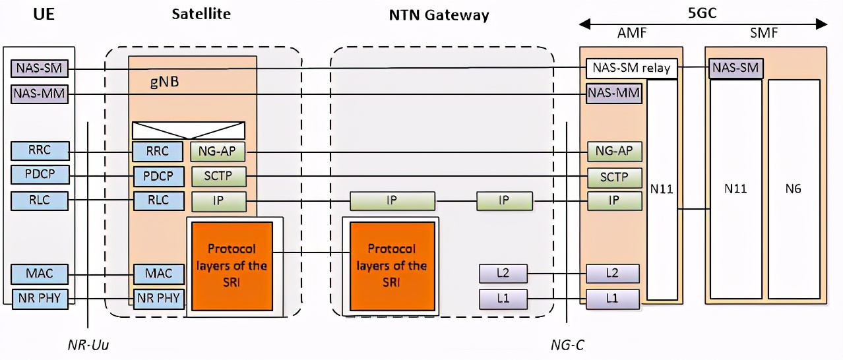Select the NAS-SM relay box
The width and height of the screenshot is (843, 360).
click(x=632, y=68)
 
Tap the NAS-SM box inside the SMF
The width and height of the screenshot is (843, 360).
click(x=735, y=68)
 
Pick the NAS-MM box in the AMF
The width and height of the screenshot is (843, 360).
click(x=613, y=94)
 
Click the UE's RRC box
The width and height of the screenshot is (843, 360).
click(x=40, y=152)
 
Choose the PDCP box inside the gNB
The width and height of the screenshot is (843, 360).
click(x=158, y=177)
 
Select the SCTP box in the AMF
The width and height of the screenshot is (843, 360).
click(x=613, y=177)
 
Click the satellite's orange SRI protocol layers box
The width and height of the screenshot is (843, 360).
click(x=232, y=266)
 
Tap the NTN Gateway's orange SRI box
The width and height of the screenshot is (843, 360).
click(x=392, y=266)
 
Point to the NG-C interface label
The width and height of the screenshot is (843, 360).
click(x=567, y=345)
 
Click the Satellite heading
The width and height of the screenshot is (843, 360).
click(x=201, y=14)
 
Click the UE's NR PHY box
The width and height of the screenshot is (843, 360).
click(x=40, y=298)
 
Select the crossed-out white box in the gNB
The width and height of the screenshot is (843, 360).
click(x=189, y=131)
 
